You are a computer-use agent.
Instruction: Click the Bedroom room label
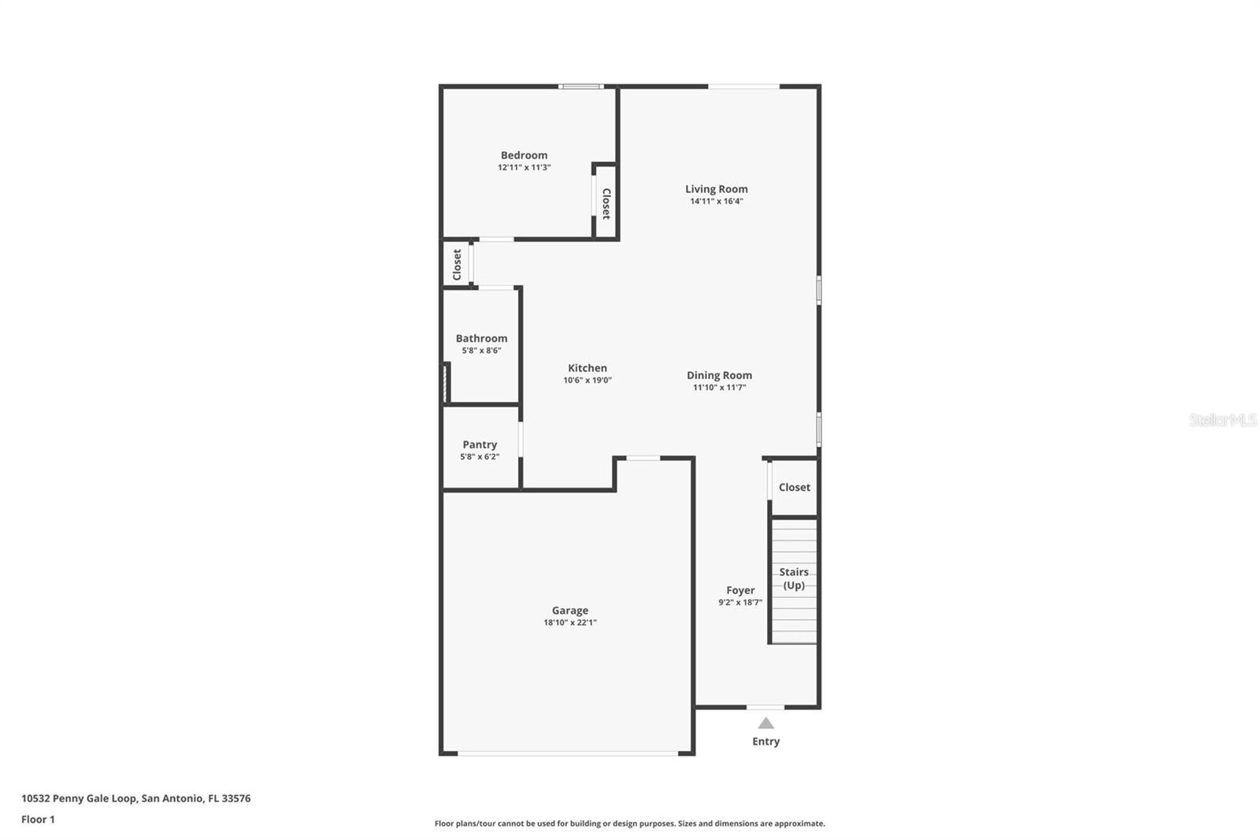click(524, 155)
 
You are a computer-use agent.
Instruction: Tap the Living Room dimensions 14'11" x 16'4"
click(717, 201)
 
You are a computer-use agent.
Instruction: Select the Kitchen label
click(587, 368)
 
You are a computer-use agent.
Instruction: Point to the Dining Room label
click(719, 375)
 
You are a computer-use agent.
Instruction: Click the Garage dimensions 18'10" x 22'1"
click(570, 623)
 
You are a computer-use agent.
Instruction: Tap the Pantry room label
click(480, 444)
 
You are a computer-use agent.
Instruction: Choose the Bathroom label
click(481, 338)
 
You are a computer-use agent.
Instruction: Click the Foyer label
click(740, 590)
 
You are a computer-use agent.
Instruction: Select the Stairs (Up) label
click(794, 578)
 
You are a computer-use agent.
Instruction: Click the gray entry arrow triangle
click(765, 723)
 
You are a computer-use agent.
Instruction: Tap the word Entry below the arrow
click(765, 742)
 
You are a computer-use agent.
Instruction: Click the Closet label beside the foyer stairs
click(794, 487)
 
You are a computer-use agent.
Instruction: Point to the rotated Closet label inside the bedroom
click(606, 203)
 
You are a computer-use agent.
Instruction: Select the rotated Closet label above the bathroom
click(457, 265)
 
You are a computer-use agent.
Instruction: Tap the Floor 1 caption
click(38, 820)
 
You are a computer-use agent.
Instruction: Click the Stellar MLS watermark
click(1222, 420)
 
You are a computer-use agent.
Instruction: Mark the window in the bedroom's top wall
click(581, 86)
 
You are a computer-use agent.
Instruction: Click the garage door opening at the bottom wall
click(568, 754)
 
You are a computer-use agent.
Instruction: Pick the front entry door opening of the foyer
click(765, 707)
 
